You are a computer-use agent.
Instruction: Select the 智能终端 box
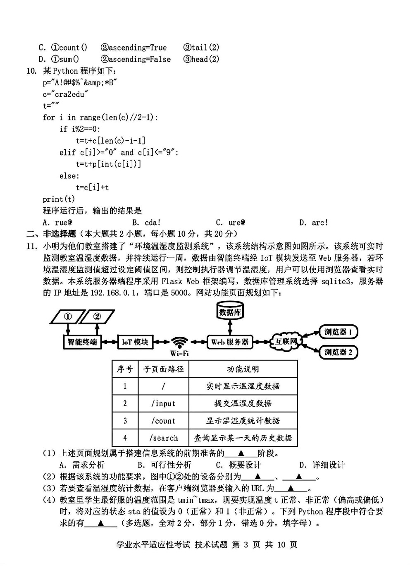coord(82,342)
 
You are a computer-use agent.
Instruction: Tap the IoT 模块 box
coord(135,342)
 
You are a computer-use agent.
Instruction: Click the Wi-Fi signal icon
coord(180,343)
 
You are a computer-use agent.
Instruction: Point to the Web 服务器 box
coord(230,342)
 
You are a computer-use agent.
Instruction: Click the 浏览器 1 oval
coord(338,332)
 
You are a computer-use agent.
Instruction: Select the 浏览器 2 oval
coord(338,352)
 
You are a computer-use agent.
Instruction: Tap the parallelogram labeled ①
coord(68,316)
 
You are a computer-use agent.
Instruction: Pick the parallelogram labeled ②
coord(97,316)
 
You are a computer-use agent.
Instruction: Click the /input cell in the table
coord(164,403)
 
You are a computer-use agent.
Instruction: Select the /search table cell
coord(164,438)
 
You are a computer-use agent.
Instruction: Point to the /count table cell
coord(164,421)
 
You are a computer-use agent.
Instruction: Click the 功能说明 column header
coord(243,369)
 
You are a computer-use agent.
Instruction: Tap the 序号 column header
coord(125,369)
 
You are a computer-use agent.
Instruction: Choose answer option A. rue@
coord(57,223)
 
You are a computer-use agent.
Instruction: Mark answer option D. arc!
coord(314,223)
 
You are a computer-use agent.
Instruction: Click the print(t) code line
coord(59,199)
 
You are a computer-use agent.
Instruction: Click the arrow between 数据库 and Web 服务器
coord(230,328)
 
